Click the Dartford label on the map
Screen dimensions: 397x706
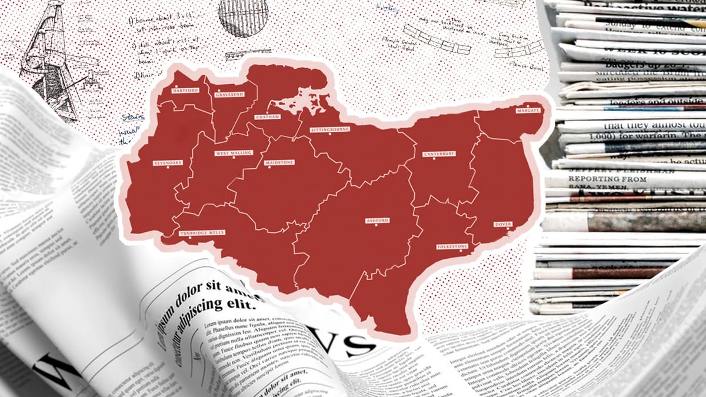[185, 91]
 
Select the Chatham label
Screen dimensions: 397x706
[268, 117]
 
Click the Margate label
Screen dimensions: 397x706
[528, 111]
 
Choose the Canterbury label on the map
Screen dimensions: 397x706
[439, 154]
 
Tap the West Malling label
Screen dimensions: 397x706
[234, 153]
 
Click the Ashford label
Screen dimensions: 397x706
[377, 221]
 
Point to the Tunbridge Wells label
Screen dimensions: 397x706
[202, 233]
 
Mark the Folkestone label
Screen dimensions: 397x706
[451, 246]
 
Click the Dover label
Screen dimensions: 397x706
[502, 224]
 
